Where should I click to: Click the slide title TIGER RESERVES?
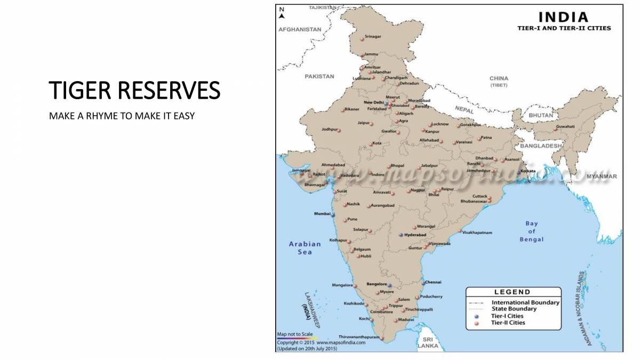134,90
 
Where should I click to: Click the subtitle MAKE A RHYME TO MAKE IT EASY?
122,116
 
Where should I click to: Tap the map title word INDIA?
563,17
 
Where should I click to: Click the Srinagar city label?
373,36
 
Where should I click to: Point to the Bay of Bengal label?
531,231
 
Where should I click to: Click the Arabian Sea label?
305,248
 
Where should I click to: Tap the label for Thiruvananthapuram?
358,337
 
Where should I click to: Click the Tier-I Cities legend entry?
507,316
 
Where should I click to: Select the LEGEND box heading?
512,292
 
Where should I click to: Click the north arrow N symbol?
282,12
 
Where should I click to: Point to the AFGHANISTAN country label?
300,30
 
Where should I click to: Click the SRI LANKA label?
427,342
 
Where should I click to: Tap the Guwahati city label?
565,126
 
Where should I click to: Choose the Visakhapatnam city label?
477,233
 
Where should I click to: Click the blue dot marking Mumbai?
333,215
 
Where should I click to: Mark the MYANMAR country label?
601,176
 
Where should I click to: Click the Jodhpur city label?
330,130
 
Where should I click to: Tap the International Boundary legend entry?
525,302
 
